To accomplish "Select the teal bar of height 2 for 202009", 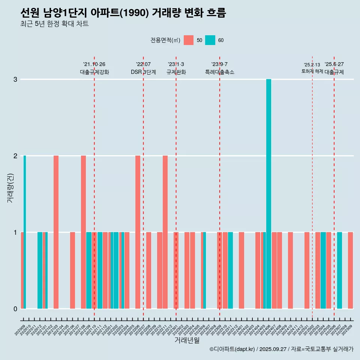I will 25,232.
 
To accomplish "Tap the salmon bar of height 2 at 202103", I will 56,232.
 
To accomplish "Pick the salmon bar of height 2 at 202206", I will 138,232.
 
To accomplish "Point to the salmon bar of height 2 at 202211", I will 165,232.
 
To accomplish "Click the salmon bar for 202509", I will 350,270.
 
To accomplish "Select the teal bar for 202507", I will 339,270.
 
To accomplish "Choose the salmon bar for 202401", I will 241,270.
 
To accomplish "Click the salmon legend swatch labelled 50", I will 189,40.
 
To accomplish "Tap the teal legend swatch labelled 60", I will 210,40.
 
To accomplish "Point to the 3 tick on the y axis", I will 15,79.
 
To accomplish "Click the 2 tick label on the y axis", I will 15,156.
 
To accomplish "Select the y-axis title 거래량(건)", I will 10,188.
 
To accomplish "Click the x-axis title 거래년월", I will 187,340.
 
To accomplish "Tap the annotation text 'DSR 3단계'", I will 143,72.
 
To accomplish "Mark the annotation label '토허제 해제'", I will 312,71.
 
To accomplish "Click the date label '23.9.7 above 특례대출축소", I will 219,64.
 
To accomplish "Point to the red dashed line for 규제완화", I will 176,187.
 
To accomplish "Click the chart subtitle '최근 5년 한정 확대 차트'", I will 54,24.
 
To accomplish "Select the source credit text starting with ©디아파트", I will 281,349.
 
